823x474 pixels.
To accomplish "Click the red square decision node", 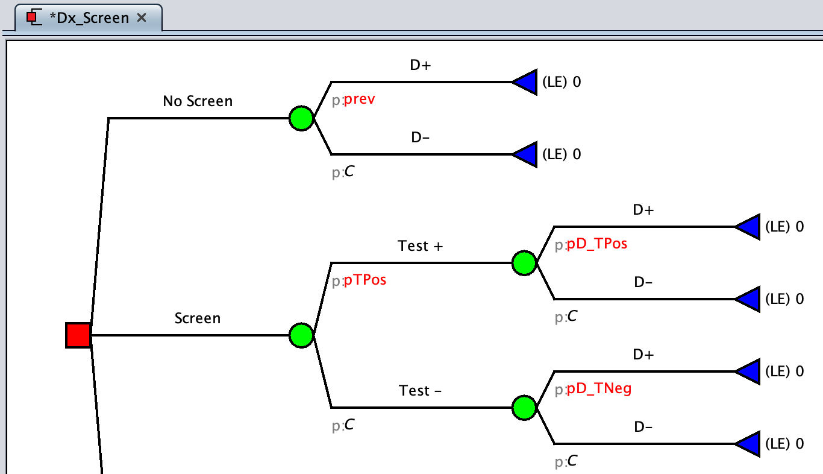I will (x=78, y=335).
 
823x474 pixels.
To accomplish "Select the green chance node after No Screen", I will (x=301, y=118).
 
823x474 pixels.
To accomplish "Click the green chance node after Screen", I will (x=301, y=335).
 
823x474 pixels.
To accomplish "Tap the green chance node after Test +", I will (x=524, y=263).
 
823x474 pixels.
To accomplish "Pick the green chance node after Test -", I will (x=524, y=408).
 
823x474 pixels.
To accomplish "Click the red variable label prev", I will (x=359, y=100).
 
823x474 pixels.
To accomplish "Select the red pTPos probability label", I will (x=365, y=280).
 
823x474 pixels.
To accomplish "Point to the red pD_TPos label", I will (x=596, y=244).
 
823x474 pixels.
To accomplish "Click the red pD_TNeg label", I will (x=599, y=389).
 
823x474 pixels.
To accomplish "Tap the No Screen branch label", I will (x=198, y=101).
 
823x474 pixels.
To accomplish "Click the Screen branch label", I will (x=198, y=318).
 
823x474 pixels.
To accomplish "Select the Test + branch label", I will (x=421, y=246).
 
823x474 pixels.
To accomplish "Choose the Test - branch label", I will (x=421, y=391).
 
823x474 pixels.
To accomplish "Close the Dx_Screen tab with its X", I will (x=142, y=18).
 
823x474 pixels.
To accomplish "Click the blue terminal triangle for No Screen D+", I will (x=525, y=82).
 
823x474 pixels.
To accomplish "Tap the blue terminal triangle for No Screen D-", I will (x=525, y=154).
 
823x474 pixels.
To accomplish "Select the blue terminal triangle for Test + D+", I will (x=748, y=227).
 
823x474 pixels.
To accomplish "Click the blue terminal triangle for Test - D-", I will (x=748, y=444).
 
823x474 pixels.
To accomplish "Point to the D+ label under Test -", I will (x=643, y=355).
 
